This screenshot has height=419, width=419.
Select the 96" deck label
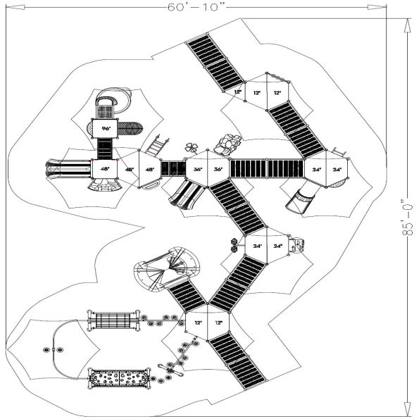[106, 129]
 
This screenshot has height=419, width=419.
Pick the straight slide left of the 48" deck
[67, 170]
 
